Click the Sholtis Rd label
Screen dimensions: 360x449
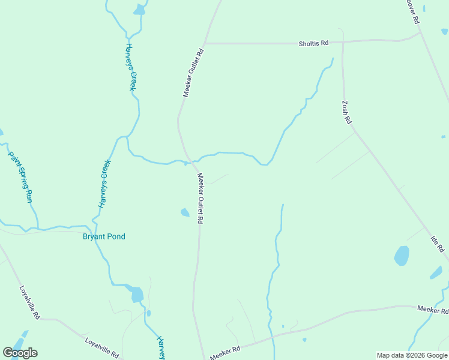pos(314,43)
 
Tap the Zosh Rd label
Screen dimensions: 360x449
pos(346,112)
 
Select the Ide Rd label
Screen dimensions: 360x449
pos(437,244)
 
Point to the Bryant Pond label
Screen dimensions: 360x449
pos(104,236)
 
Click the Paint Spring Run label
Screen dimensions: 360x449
pos(20,176)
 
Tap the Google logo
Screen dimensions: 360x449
pos(20,353)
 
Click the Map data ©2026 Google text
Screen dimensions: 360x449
pos(412,355)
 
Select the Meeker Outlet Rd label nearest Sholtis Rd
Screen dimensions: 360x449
pos(194,73)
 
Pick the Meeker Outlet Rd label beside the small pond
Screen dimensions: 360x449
pos(200,199)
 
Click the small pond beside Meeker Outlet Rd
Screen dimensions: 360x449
pos(185,212)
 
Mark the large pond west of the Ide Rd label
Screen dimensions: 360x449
pos(401,256)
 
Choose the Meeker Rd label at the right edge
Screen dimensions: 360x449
pos(433,310)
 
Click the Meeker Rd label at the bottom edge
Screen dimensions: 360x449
pos(226,352)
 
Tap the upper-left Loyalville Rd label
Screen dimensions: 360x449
pos(29,302)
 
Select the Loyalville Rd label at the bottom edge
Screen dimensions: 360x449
pos(101,348)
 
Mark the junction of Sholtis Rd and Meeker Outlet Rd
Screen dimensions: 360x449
pos(205,43)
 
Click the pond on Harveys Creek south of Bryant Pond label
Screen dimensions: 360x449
pos(137,295)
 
